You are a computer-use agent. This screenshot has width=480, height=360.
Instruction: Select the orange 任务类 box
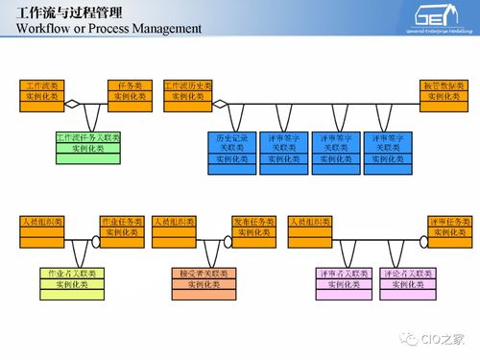(129, 91)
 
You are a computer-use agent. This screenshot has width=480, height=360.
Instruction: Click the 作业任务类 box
(121, 228)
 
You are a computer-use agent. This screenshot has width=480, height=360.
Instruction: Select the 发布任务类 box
(254, 228)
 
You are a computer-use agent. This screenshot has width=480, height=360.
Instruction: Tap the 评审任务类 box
(449, 228)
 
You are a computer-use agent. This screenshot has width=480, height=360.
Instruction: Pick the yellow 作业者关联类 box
(70, 279)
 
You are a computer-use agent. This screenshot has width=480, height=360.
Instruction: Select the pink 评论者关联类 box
(405, 279)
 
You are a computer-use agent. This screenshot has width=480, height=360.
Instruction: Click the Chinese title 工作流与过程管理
(60, 12)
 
